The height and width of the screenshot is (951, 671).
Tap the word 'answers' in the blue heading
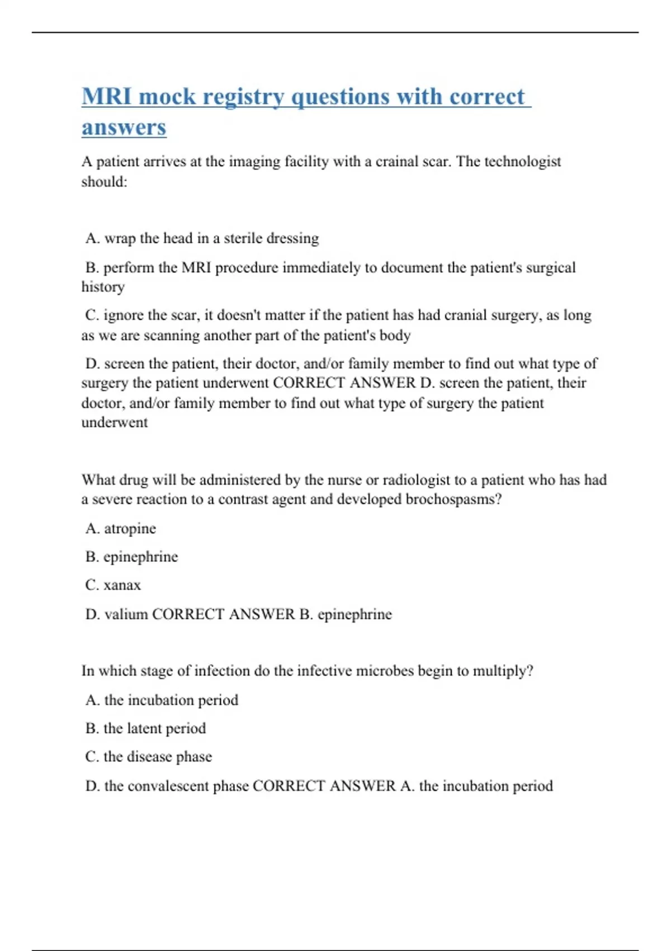coord(124,128)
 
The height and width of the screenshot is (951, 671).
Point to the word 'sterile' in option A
coord(243,238)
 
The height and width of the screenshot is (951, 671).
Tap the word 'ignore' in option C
coord(124,316)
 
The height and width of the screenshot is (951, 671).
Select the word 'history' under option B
coord(103,287)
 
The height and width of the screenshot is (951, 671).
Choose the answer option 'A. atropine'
coord(121,529)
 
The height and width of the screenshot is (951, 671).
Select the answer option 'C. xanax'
coord(113,585)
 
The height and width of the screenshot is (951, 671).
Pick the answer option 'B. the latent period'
coord(145,728)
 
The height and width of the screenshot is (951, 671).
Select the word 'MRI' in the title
coord(107,97)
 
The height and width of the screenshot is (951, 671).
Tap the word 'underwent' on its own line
coord(115,422)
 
